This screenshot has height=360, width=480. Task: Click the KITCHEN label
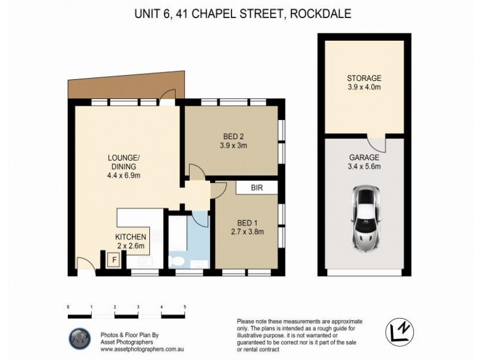(x=131, y=241)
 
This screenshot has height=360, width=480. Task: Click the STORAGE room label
(x=364, y=83)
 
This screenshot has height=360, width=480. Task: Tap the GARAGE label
(x=364, y=162)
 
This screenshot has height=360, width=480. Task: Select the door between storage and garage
(x=377, y=143)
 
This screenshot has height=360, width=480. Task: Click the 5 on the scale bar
(x=185, y=307)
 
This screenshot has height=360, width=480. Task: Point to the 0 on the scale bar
(x=68, y=307)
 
